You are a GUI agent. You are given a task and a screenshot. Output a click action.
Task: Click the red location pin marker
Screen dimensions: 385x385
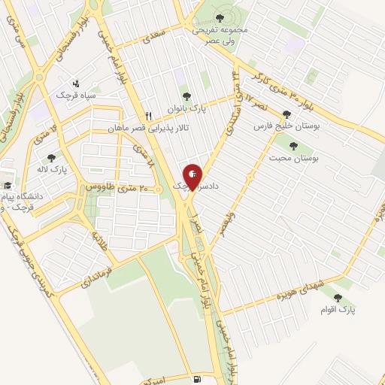point(192,175)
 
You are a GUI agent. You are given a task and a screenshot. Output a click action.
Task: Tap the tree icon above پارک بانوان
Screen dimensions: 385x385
point(186,96)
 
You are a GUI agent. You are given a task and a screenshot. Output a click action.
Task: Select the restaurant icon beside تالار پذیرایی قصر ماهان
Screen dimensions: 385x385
point(149,117)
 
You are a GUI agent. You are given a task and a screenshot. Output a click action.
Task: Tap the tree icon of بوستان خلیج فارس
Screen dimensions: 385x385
point(285,115)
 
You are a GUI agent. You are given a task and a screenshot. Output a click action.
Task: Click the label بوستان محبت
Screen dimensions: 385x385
point(303,159)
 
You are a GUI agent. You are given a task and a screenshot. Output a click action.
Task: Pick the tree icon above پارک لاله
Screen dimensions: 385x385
point(51,158)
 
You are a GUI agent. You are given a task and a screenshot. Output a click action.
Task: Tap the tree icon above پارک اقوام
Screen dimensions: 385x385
point(347,299)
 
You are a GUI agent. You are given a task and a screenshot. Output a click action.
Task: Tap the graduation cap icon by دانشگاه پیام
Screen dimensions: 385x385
point(8,186)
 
